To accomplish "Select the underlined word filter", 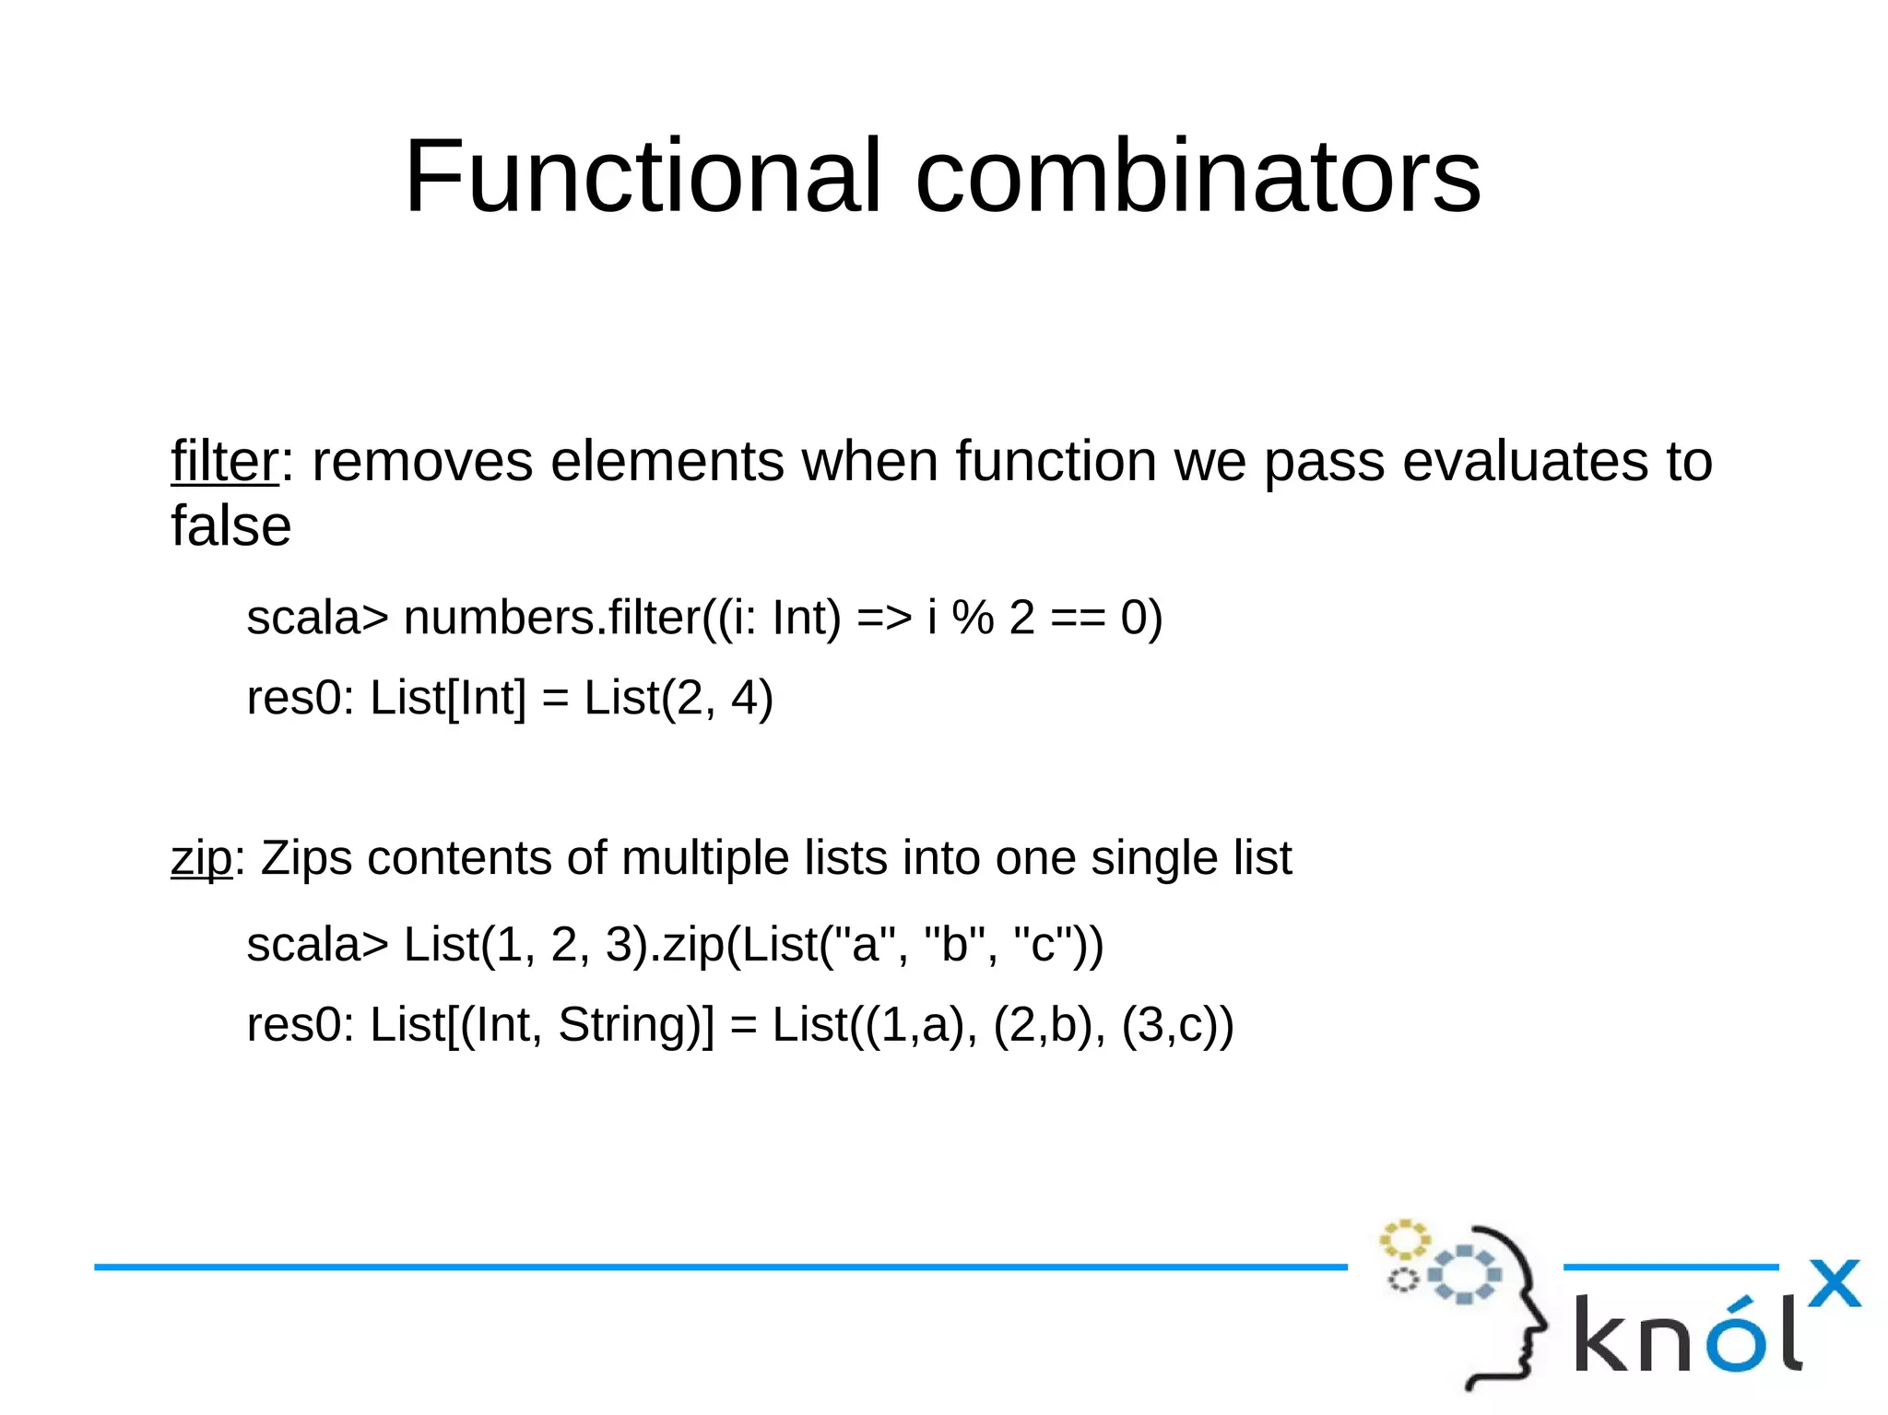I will pyautogui.click(x=224, y=461).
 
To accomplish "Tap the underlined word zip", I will pyautogui.click(x=201, y=859).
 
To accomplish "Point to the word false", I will pyautogui.click(x=231, y=526).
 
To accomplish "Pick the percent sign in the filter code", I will pyautogui.click(x=973, y=618).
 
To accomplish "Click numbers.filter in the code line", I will pyautogui.click(x=551, y=618).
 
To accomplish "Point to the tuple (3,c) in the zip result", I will pyautogui.click(x=1171, y=1025).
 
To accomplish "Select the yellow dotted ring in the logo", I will pyautogui.click(x=1403, y=1240).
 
